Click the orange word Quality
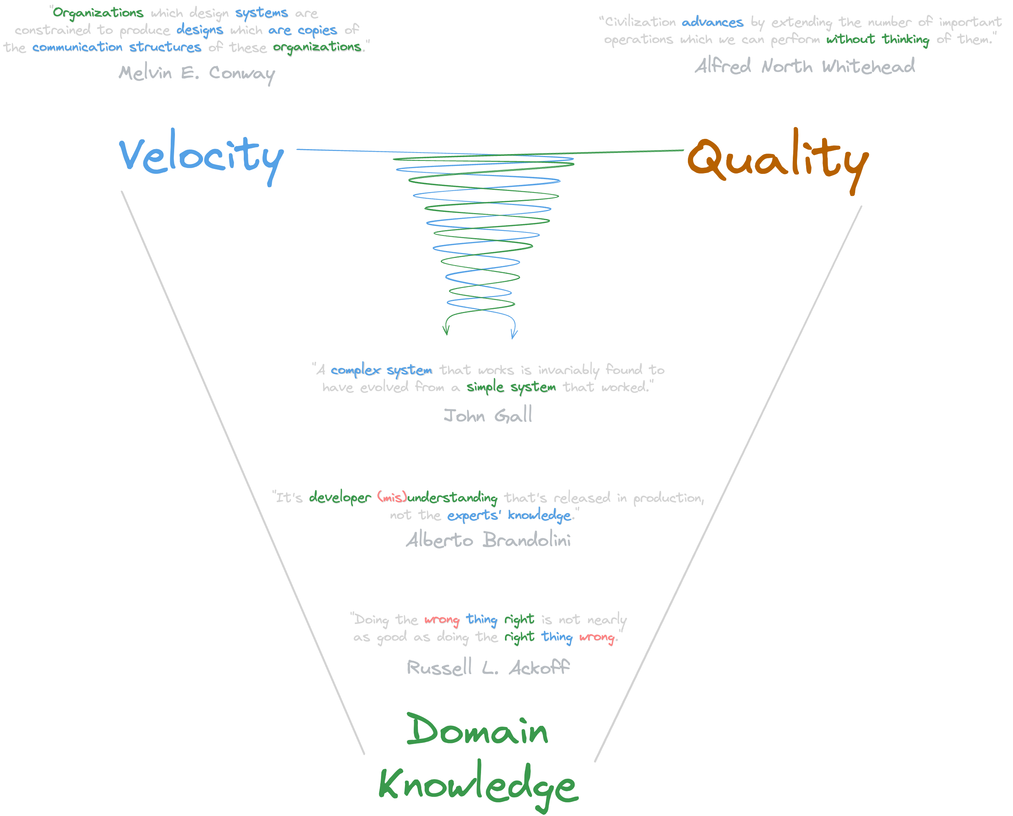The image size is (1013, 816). pos(778,161)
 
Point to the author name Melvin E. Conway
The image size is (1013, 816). pos(197,74)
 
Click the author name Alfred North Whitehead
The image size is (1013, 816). pos(805,66)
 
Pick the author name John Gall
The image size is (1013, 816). pos(488,415)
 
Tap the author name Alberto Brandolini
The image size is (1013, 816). pos(489,539)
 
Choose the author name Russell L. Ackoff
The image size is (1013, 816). pos(488,667)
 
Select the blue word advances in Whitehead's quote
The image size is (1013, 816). pos(712,22)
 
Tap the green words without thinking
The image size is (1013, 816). pos(878,40)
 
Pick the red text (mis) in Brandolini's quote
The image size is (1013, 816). pos(392,497)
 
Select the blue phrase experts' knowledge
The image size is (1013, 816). pos(509,515)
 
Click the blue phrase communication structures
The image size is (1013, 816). pos(116,47)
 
